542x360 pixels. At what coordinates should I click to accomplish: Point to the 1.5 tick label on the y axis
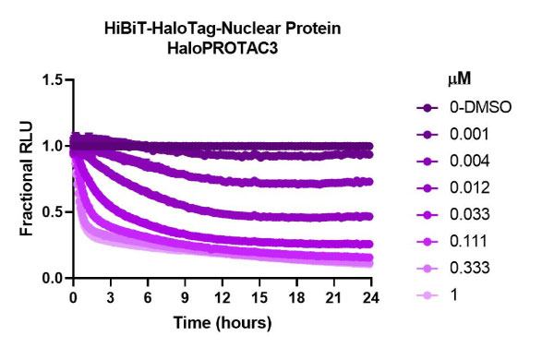(x=52, y=80)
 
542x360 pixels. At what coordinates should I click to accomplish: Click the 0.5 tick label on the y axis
(x=52, y=212)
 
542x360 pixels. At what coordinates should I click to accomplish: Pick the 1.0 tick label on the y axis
(x=52, y=146)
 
